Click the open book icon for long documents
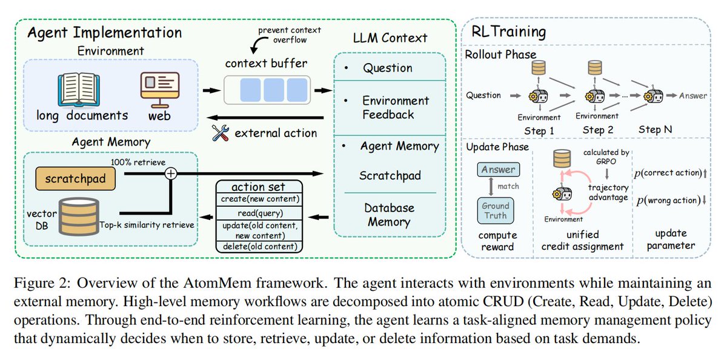pyautogui.click(x=79, y=90)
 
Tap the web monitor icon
pyautogui.click(x=160, y=90)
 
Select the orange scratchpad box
pyautogui.click(x=75, y=179)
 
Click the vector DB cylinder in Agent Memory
pyautogui.click(x=79, y=216)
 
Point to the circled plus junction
pyautogui.click(x=171, y=174)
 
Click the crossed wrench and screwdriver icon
pyautogui.click(x=221, y=133)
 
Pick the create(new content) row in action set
pyautogui.click(x=260, y=199)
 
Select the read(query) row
pyautogui.click(x=260, y=213)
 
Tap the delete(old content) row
pyautogui.click(x=260, y=247)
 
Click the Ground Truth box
pyautogui.click(x=496, y=211)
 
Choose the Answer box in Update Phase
pyautogui.click(x=498, y=170)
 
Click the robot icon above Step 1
pyautogui.click(x=539, y=96)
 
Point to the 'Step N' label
pyautogui.click(x=655, y=130)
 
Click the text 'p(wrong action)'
pyautogui.click(x=669, y=201)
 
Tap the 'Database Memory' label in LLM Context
pyautogui.click(x=389, y=215)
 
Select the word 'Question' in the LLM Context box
pyautogui.click(x=388, y=68)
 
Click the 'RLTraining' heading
pyautogui.click(x=508, y=32)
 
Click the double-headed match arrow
pyautogui.click(x=491, y=187)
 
